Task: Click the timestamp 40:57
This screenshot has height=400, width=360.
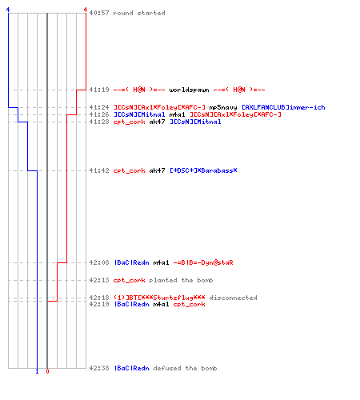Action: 99,13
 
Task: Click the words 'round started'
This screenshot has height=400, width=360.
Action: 139,13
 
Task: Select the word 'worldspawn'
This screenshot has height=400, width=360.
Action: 189,90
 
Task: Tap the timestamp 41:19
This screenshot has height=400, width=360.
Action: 99,90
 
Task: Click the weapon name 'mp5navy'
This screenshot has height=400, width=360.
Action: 223,107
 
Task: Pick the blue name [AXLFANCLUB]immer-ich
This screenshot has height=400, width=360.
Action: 283,107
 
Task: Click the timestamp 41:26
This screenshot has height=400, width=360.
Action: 99,114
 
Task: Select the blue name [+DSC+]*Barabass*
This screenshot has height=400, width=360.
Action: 203,170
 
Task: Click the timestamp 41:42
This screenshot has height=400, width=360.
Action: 99,170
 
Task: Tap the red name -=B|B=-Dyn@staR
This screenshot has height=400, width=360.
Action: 203,262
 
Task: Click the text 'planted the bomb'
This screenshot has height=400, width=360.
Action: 181,280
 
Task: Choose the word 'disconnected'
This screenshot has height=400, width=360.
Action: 233,298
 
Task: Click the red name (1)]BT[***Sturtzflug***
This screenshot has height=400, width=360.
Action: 159,298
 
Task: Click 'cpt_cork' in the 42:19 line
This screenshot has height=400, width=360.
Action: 189,304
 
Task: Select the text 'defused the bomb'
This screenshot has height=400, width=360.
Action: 185,368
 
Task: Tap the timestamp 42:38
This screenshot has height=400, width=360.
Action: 99,368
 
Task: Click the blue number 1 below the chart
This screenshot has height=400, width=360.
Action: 37,371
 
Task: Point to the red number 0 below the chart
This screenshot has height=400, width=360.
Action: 47,371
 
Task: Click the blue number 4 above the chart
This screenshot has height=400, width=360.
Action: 8,10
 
